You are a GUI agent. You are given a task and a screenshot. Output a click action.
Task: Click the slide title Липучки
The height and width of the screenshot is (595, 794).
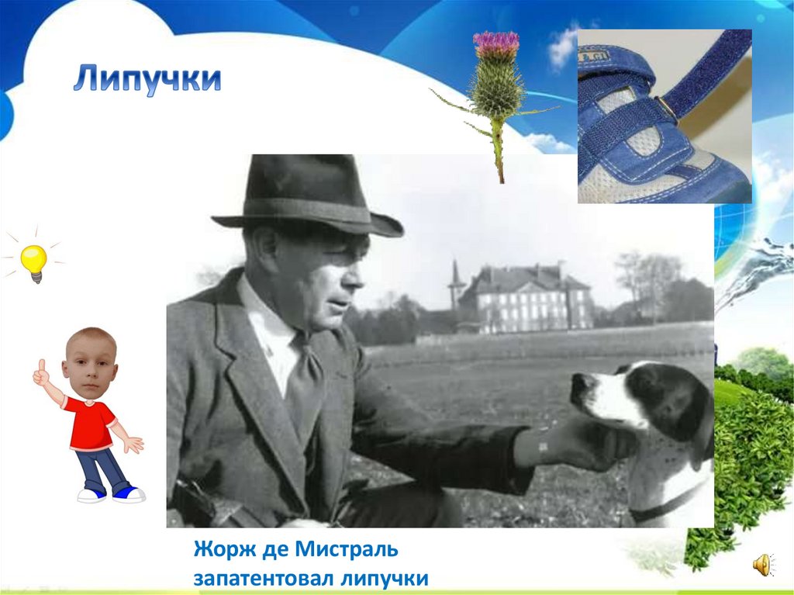(x=147, y=80)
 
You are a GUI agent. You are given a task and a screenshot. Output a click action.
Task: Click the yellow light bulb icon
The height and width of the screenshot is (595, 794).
(x=34, y=261)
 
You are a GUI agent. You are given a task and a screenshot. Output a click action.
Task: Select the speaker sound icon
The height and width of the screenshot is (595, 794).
(x=763, y=565)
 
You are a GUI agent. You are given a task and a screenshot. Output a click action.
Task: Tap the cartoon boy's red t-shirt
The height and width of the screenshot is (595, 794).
(x=89, y=423)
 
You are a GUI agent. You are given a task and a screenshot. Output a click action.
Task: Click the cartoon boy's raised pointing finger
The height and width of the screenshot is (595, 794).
(x=42, y=366)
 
